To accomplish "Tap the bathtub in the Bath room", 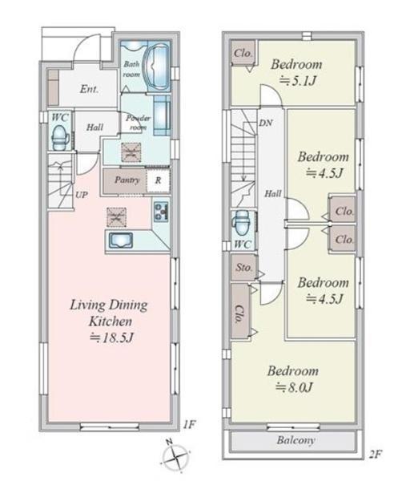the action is coord(158,67).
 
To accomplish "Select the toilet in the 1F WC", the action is coord(60,138).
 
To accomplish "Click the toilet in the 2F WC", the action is coord(242,223).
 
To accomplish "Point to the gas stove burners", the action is coord(161,212).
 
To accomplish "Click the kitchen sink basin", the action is coord(121,240).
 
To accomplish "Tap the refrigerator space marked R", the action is coord(158,180).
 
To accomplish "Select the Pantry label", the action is coord(127,180).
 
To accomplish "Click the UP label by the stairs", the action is coord(82,195).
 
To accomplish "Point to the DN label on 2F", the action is coord(266,123).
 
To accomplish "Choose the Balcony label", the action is coord(295,440).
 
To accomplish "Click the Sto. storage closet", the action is coord(243,268).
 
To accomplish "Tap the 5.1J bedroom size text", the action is coord(298,81).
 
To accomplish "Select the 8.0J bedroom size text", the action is coord(295,387).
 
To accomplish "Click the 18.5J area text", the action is coord(112,338).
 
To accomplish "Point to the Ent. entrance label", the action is coord(89,89).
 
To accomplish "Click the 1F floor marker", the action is coord(189,424).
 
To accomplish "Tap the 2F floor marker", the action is coord(375,454).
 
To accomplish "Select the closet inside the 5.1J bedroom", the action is coord(243,53).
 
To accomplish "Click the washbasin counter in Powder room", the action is coord(162,115).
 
